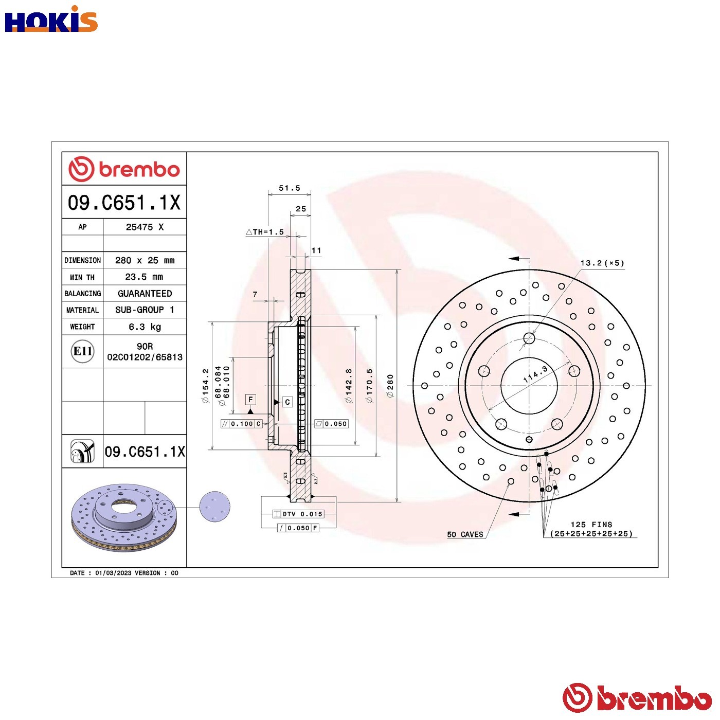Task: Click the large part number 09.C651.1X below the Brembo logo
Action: coord(124,203)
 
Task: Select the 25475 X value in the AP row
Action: coord(145,227)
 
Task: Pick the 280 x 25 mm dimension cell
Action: coord(145,260)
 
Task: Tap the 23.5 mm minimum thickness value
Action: coord(144,277)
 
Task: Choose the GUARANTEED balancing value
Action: coord(145,293)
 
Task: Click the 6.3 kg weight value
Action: coord(145,327)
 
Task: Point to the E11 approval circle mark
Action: coord(82,351)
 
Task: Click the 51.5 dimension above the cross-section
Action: coord(290,188)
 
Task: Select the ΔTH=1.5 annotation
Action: coord(265,232)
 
